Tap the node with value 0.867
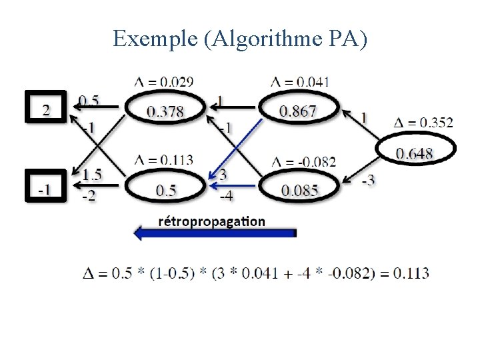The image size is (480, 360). coord(298,111)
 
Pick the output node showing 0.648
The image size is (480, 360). coord(415,154)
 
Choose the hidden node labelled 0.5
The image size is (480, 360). coord(166,191)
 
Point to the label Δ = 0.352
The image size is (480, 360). coord(423,122)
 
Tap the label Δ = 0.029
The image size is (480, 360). coord(164,82)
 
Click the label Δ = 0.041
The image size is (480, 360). coord(300,82)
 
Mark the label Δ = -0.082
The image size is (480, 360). coord(303,161)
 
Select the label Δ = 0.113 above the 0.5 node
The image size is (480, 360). coord(164,159)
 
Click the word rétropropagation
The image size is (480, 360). coord(211,221)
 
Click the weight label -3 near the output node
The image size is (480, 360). coord(368,180)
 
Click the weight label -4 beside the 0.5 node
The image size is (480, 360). coord(226,196)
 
